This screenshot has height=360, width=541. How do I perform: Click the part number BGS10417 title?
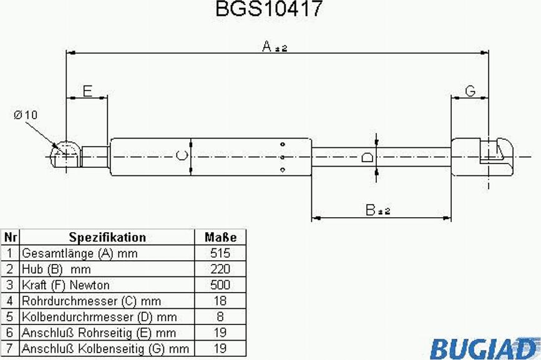269,9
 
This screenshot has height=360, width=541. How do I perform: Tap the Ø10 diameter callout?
25,114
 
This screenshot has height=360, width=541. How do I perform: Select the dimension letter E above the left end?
87,91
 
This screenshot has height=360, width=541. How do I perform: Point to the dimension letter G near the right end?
470,91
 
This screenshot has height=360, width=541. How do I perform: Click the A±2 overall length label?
275,46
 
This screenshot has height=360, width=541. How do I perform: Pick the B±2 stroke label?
378,210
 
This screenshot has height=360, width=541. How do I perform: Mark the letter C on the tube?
182,155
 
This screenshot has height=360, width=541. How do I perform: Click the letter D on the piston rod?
367,157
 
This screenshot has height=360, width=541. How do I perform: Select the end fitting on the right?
482,157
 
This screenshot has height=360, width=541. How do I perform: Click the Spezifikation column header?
107,237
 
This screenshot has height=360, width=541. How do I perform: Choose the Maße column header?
220,237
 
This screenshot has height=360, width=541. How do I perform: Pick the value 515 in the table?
220,253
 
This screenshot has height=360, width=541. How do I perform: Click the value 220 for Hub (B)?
220,269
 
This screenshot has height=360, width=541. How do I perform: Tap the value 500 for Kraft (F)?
220,285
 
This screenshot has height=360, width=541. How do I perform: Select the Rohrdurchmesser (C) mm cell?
107,301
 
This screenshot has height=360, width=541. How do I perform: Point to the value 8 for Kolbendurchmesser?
220,316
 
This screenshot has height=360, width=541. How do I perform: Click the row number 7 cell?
10,349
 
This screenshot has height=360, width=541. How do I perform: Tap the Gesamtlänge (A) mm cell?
107,253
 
